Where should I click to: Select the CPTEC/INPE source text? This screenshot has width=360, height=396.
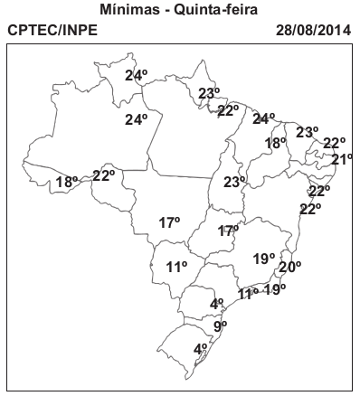click(x=52, y=31)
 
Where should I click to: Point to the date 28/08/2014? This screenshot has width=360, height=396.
click(x=311, y=31)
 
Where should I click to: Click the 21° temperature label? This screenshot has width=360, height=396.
click(x=342, y=160)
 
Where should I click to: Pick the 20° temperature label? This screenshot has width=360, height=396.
click(x=289, y=267)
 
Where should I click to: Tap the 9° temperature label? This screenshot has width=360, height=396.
click(x=220, y=325)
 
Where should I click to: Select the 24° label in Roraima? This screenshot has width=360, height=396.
click(x=136, y=75)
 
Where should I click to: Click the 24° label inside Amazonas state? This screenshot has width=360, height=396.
click(x=136, y=119)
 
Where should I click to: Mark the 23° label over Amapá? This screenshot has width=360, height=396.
click(x=209, y=93)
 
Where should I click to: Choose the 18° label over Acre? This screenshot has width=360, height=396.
click(x=66, y=182)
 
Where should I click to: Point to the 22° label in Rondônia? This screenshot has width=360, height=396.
click(x=103, y=174)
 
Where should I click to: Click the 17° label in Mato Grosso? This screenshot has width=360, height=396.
click(x=169, y=222)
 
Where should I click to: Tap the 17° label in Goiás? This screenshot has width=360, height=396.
click(x=228, y=231)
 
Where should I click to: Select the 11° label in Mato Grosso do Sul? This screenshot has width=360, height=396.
click(x=176, y=266)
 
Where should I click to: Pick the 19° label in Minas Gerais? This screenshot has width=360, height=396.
click(x=263, y=259)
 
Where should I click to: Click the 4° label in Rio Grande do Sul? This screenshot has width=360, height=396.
click(x=201, y=348)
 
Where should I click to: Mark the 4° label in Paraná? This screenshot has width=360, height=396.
click(x=216, y=304)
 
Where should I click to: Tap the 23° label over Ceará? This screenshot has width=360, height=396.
click(x=307, y=132)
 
